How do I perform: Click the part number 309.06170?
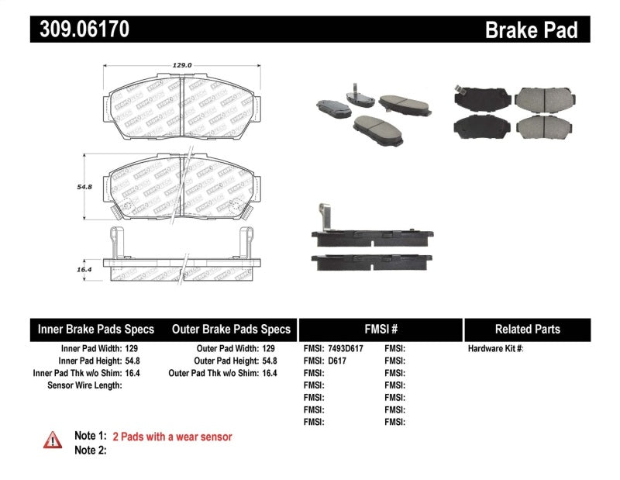click(x=80, y=29)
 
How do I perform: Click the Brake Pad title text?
click(x=531, y=30)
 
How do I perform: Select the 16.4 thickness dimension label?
click(x=84, y=269)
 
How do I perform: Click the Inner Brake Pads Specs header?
click(x=96, y=329)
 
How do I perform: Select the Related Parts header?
click(x=527, y=329)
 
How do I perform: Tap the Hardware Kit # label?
click(x=495, y=349)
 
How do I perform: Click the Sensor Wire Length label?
click(x=84, y=385)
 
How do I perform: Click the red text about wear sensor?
click(x=172, y=437)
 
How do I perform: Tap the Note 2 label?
click(x=90, y=450)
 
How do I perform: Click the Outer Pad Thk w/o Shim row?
click(x=222, y=373)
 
